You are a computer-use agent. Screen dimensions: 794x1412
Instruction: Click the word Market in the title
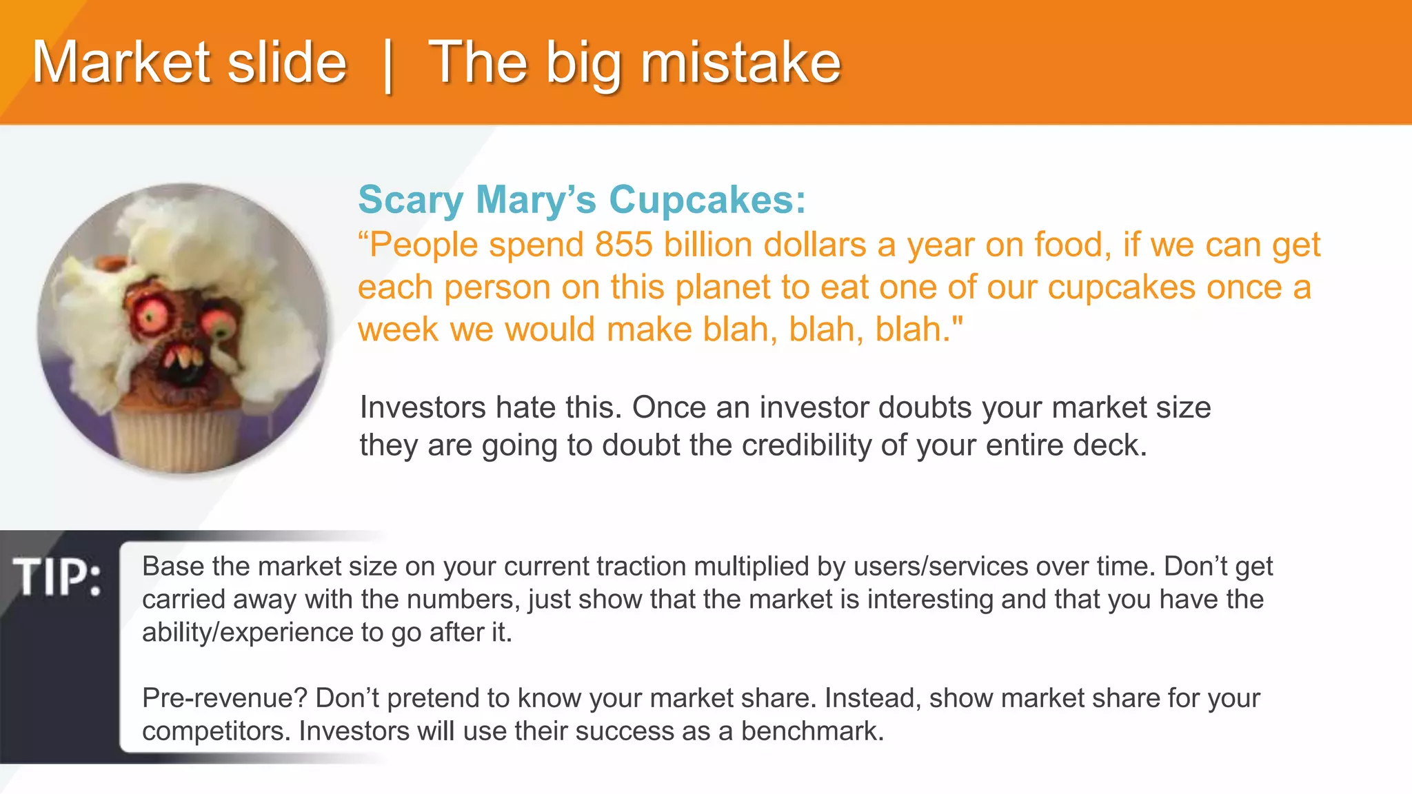[x=121, y=63]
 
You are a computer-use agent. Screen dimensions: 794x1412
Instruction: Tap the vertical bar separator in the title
[x=387, y=65]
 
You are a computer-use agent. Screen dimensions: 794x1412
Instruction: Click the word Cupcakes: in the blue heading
[x=707, y=201]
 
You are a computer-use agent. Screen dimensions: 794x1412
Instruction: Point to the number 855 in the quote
[x=623, y=245]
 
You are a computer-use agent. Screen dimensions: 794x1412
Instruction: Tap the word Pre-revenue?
[x=225, y=698]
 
